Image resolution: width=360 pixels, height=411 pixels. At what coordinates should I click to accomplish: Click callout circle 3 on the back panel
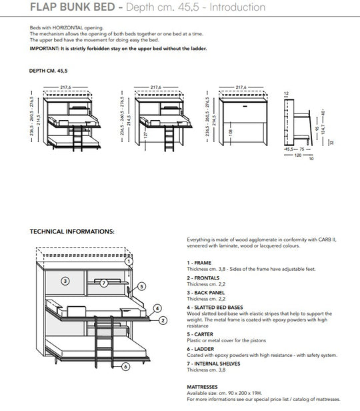tap(65, 281)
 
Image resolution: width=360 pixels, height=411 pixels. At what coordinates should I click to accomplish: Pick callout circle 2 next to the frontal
tap(162, 320)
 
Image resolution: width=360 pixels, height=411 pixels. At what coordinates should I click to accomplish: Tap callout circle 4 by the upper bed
tap(157, 308)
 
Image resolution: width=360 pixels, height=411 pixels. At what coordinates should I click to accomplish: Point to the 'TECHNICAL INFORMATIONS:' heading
tap(72, 232)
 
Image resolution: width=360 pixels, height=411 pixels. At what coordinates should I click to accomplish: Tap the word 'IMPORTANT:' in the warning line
tap(45, 49)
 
